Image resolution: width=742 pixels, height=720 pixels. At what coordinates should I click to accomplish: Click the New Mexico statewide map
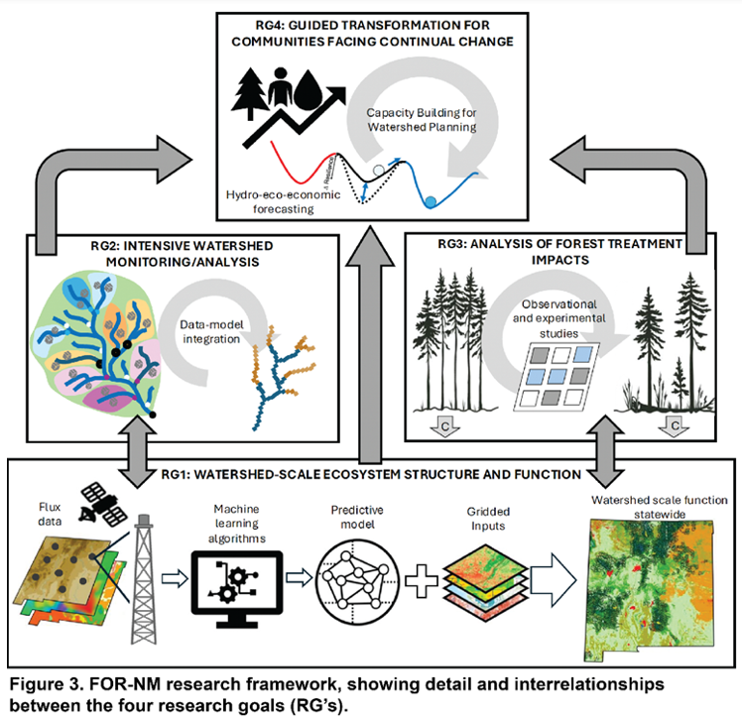(x=648, y=585)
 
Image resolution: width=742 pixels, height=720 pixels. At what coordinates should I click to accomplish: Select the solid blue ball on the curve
(x=430, y=201)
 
